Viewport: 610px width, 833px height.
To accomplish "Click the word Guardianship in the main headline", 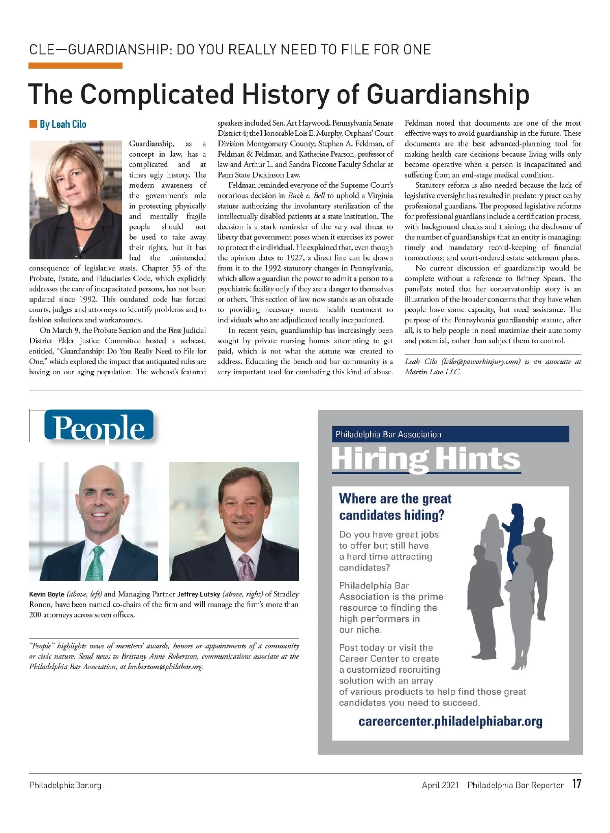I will click(x=447, y=94).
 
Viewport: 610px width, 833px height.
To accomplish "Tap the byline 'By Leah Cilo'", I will click(x=63, y=124).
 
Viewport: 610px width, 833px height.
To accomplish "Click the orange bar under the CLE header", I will click(x=75, y=66).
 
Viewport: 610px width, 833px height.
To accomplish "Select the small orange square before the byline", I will click(x=33, y=124).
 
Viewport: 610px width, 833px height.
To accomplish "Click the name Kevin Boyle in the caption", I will click(x=47, y=594).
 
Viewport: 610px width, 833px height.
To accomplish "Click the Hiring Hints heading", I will click(x=425, y=459).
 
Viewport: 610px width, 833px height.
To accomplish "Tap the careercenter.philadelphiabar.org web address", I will click(x=450, y=721).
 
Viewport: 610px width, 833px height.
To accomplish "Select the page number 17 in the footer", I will click(x=576, y=784).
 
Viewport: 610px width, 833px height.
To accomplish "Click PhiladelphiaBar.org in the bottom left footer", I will click(x=65, y=785).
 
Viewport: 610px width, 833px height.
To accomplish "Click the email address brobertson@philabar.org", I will click(x=165, y=667).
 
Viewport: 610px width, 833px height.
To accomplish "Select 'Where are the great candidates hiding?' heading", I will click(x=395, y=507).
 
